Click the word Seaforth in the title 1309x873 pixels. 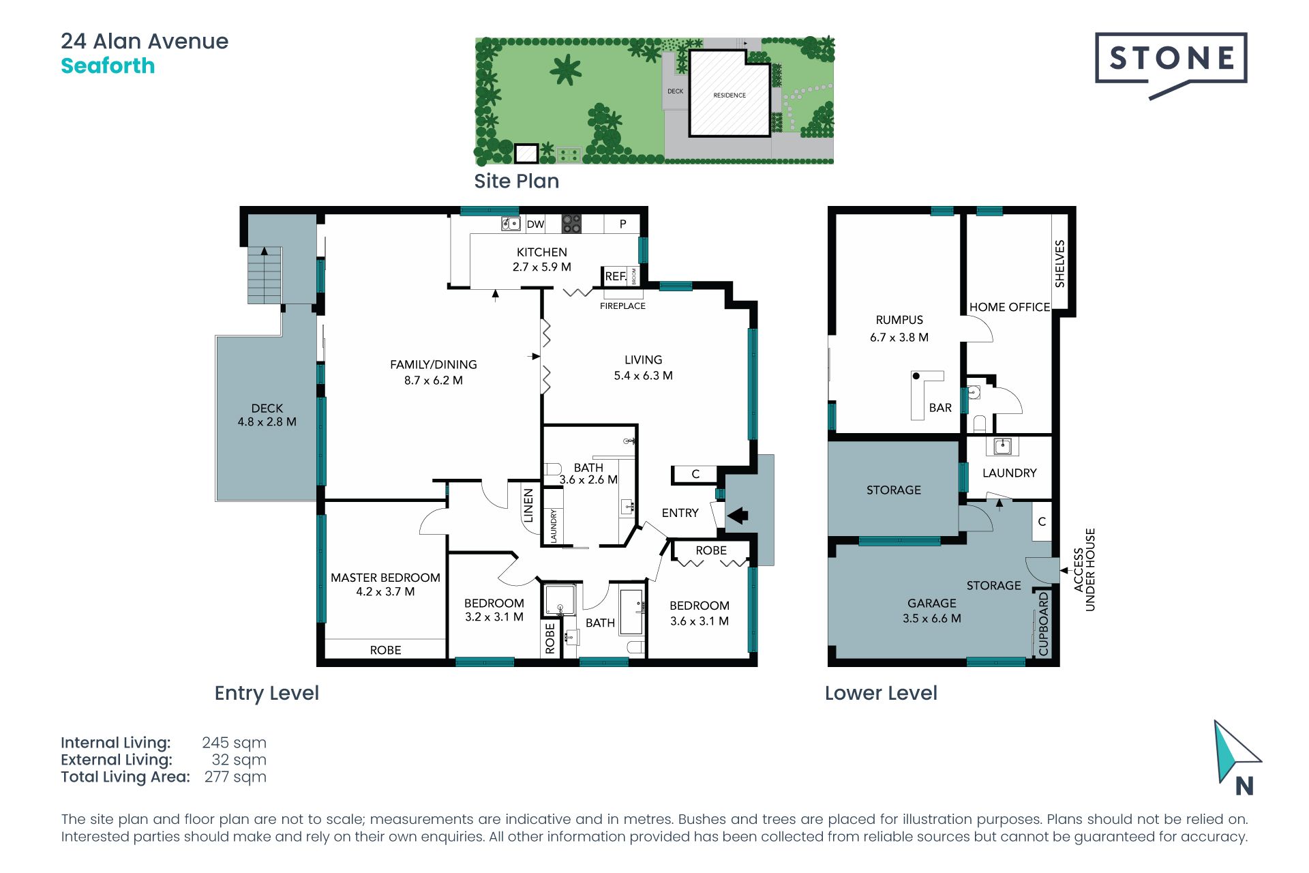click(x=108, y=66)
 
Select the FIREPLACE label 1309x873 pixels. click(x=622, y=306)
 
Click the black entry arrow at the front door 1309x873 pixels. click(x=737, y=515)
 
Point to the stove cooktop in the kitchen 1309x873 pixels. click(x=571, y=224)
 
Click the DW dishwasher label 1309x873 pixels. click(x=535, y=224)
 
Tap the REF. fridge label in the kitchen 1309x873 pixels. click(x=616, y=276)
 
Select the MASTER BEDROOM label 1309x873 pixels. click(x=385, y=578)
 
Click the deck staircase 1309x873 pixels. click(x=265, y=275)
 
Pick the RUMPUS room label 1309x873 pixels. click(x=899, y=320)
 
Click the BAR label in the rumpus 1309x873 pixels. click(x=940, y=408)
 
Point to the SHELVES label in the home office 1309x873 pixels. click(x=1059, y=263)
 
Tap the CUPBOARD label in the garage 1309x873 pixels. click(x=1043, y=624)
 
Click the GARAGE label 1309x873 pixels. click(x=932, y=604)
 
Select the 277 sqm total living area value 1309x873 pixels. click(x=235, y=777)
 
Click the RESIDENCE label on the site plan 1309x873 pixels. click(x=729, y=95)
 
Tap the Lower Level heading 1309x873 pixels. click(x=881, y=693)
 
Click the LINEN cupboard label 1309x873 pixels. click(x=528, y=505)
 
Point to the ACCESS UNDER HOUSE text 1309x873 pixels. click(x=1084, y=569)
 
